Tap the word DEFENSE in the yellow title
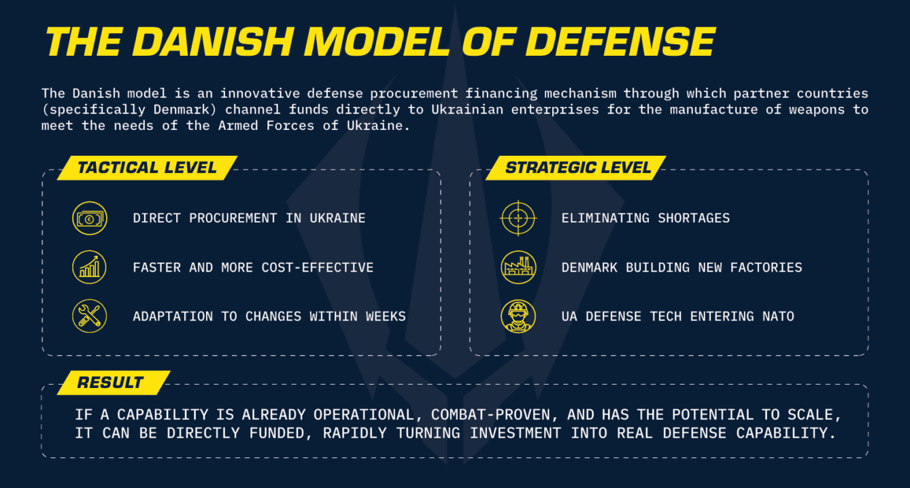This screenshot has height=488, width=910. (x=620, y=42)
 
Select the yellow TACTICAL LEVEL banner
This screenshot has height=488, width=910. (x=147, y=167)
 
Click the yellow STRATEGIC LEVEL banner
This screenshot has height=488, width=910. (x=575, y=167)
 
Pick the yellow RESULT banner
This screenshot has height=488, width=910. (x=114, y=383)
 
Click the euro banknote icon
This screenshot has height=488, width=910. (x=90, y=218)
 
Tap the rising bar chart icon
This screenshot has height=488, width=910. (x=89, y=267)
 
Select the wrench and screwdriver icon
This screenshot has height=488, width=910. (x=89, y=316)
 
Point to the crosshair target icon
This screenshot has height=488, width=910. (x=518, y=218)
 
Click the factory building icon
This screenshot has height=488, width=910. (x=518, y=267)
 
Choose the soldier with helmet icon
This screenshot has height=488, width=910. (x=518, y=316)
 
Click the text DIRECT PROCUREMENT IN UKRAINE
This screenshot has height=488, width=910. (x=249, y=218)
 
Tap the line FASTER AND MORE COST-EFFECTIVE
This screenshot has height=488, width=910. (x=253, y=267)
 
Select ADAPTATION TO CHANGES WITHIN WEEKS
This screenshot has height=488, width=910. (x=269, y=316)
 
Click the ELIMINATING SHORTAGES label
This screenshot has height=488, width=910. (x=645, y=218)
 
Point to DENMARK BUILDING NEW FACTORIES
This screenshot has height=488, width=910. (x=681, y=267)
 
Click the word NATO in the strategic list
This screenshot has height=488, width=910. (x=778, y=316)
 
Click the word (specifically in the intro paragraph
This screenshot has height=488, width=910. (x=93, y=110)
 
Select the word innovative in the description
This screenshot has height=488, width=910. (x=260, y=93)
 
